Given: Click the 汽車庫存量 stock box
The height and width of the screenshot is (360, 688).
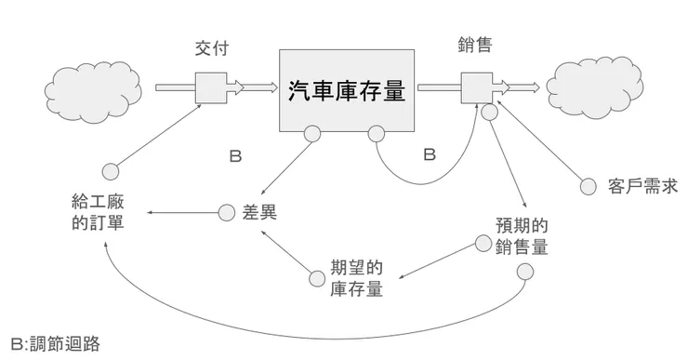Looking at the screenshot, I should pos(347,90).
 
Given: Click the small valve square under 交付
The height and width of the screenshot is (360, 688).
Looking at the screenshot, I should pos(209,89).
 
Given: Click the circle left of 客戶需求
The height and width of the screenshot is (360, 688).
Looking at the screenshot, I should pos(588,187).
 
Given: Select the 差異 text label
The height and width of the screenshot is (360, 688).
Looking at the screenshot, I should pos(260,213).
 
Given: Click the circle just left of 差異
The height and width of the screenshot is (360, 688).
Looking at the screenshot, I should pos(226,213).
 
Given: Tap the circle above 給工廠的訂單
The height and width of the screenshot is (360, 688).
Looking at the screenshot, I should pos(111,170).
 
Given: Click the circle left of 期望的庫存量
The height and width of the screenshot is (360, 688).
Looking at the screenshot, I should pos(314,276).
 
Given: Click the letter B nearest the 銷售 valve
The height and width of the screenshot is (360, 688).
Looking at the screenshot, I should pos(430,155).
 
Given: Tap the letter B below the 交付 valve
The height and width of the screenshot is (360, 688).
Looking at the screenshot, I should pos(235,157).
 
